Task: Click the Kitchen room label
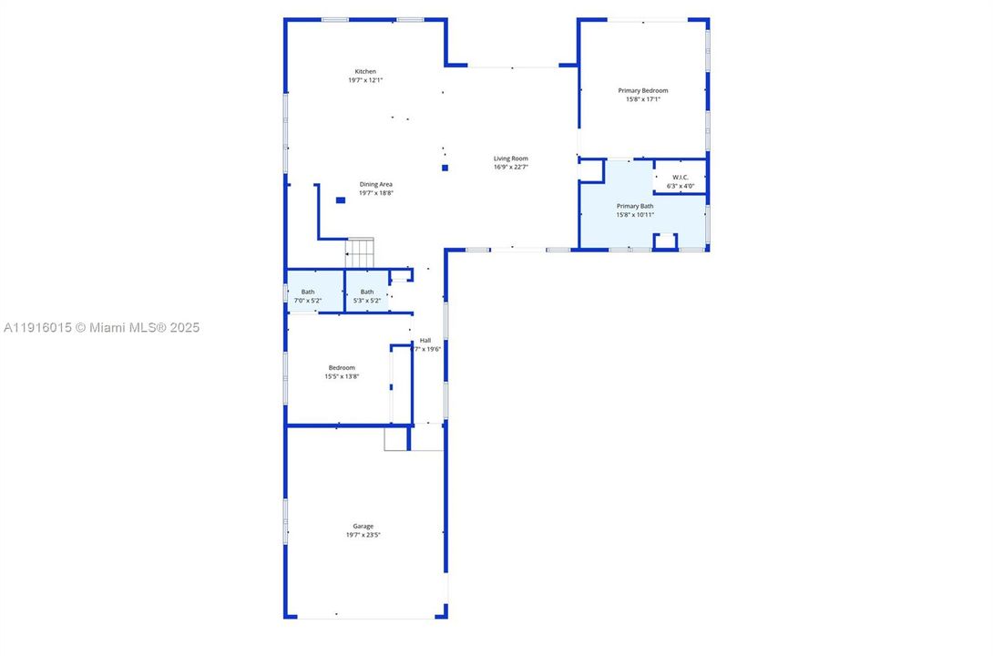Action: (x=365, y=72)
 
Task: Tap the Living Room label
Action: (x=511, y=159)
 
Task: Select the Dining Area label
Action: (x=375, y=185)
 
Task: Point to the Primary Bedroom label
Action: (x=643, y=90)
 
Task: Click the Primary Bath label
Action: (x=635, y=206)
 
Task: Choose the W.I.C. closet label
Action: (x=681, y=177)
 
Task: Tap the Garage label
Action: (x=363, y=526)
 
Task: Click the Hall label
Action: (x=425, y=340)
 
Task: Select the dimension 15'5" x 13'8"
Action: (x=342, y=376)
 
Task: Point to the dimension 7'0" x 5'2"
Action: (x=308, y=300)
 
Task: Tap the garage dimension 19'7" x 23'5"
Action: (x=363, y=535)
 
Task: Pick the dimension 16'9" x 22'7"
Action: (x=511, y=167)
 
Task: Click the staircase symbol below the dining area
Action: (x=359, y=252)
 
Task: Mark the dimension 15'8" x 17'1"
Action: (x=643, y=99)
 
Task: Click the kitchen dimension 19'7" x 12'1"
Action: (x=365, y=80)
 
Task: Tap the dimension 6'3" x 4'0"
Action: (x=681, y=186)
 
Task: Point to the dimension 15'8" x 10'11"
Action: (x=635, y=215)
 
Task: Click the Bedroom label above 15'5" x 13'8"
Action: (x=342, y=367)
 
